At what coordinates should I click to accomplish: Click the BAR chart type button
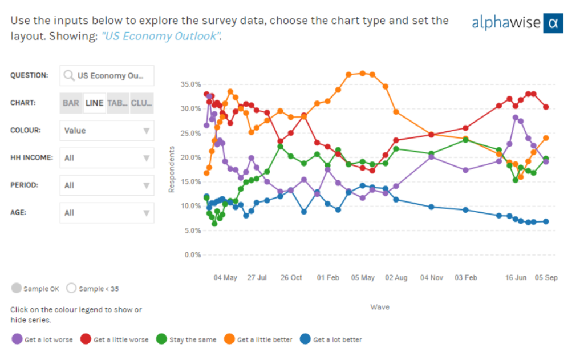[x=71, y=103]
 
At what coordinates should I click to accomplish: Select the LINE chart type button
[x=94, y=103]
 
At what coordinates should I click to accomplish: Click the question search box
[x=107, y=75]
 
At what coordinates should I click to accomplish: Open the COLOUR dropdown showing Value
[x=107, y=131]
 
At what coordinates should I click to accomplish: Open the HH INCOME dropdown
[x=107, y=158]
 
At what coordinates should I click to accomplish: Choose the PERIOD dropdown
[x=107, y=185]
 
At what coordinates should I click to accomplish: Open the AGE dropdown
[x=107, y=213]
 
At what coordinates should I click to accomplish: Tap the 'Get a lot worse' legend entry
[x=43, y=339]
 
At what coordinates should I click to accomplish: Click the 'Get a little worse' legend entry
[x=114, y=339]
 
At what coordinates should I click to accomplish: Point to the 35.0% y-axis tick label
[x=190, y=84]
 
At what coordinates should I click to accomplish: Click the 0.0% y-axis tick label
[x=192, y=254]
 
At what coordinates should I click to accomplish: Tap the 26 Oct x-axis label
[x=291, y=278]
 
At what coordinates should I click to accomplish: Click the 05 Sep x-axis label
[x=546, y=278]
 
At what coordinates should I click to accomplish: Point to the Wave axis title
[x=380, y=307]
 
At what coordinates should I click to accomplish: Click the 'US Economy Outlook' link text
[x=161, y=37]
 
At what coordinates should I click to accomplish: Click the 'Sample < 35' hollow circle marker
[x=71, y=289]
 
